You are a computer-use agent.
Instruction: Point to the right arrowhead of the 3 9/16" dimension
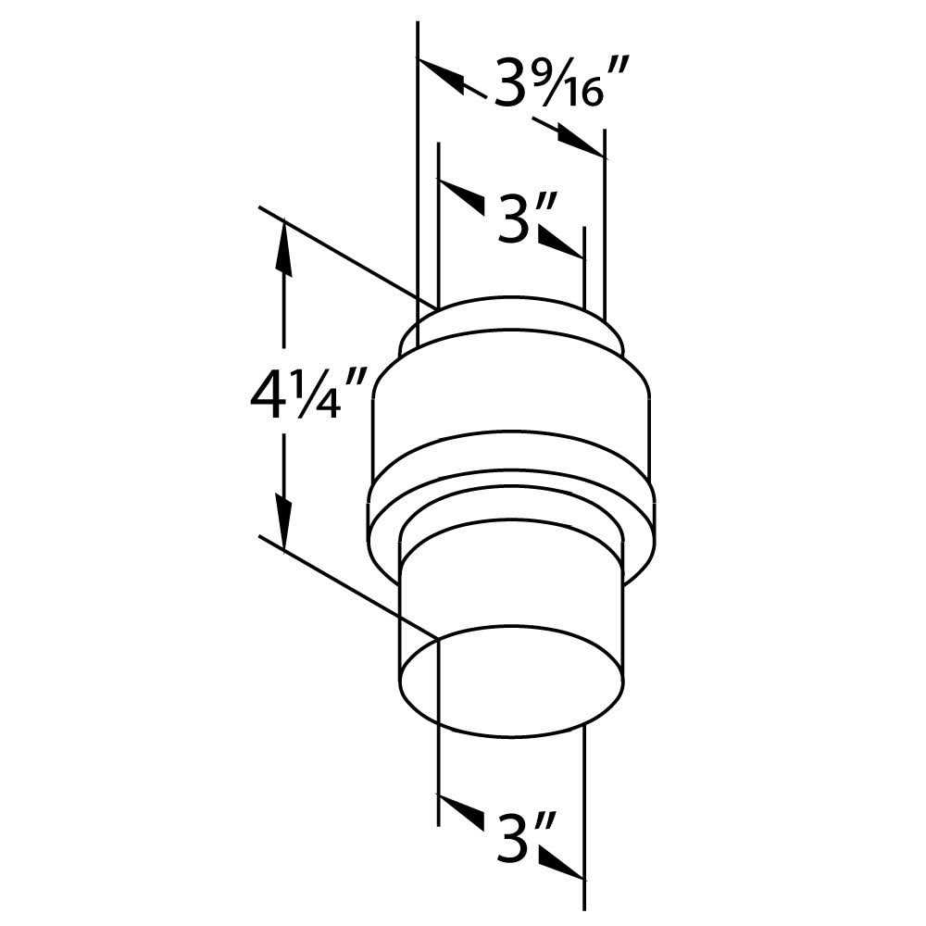[581, 142]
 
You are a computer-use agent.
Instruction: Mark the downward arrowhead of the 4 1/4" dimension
[283, 509]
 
